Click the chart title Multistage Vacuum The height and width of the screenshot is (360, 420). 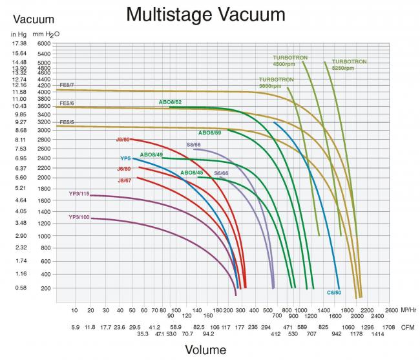click(x=205, y=14)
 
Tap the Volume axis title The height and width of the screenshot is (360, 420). click(x=206, y=350)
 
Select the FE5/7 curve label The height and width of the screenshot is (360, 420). click(x=67, y=85)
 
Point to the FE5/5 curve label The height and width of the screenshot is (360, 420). click(x=67, y=122)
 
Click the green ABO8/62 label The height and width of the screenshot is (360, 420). click(x=170, y=102)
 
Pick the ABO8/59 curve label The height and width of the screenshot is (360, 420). click(x=209, y=132)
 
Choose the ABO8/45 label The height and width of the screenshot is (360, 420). click(x=191, y=173)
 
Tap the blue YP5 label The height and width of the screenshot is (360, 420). click(x=125, y=158)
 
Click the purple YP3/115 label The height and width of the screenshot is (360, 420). click(x=79, y=193)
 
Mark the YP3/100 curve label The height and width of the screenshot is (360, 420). click(x=79, y=217)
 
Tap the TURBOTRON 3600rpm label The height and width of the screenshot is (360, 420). click(x=277, y=82)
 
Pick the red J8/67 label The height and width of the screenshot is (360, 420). click(x=124, y=180)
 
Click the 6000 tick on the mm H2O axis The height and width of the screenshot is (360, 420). click(x=43, y=43)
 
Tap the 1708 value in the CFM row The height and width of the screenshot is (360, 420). click(x=388, y=328)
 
